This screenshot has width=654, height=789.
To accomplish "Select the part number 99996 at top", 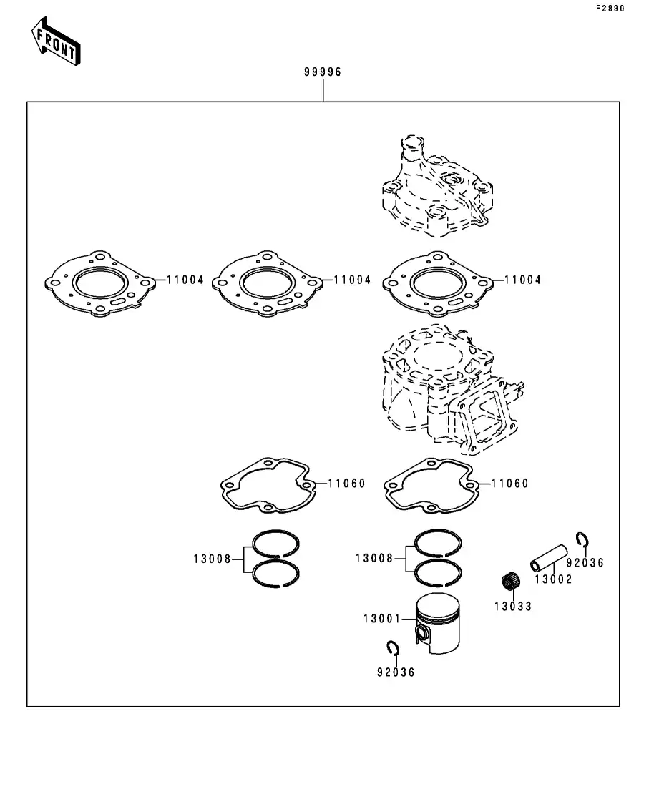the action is [x=323, y=72].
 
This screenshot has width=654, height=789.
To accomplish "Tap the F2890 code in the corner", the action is [x=610, y=9].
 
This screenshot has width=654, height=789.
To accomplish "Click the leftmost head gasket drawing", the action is [x=99, y=283].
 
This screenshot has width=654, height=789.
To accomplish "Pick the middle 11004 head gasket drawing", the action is [x=268, y=283].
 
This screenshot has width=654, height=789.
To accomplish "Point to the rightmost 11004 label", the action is [x=522, y=280].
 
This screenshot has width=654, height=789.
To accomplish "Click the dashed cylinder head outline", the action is [x=436, y=185].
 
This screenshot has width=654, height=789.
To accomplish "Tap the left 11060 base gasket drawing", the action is [x=268, y=486].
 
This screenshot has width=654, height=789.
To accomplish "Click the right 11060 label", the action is [x=510, y=484].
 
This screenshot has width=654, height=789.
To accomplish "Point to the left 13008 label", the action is [x=213, y=559].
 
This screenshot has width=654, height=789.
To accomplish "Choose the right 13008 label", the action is [x=374, y=558].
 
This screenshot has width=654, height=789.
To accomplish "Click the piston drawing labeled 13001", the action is [x=437, y=623].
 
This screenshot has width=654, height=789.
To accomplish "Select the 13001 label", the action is [x=382, y=619].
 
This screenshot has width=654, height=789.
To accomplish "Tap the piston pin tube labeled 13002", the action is [x=549, y=558].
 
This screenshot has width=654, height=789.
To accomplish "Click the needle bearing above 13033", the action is [x=511, y=582].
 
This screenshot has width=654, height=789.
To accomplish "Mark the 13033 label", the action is [x=513, y=607].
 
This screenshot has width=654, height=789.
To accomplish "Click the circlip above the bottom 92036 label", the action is [x=393, y=649].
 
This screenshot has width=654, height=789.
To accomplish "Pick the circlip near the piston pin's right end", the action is [x=583, y=539].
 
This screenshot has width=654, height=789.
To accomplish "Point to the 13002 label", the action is [x=553, y=579].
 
